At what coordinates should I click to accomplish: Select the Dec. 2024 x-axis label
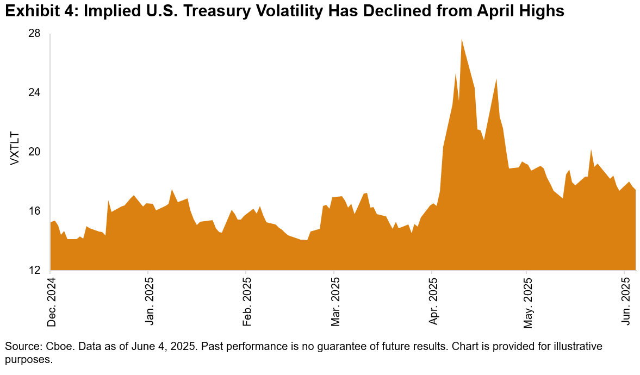[51, 301]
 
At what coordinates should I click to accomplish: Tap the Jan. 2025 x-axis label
[148, 302]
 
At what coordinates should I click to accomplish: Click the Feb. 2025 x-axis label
[246, 302]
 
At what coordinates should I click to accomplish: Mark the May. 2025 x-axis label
[527, 302]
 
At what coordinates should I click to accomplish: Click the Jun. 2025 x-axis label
[625, 302]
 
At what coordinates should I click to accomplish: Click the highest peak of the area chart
[462, 40]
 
